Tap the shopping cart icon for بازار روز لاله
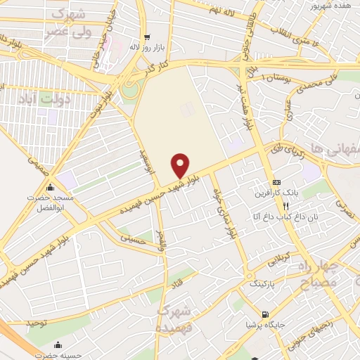point(147,38)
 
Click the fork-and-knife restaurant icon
point(285,206)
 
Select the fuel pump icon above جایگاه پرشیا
point(264,314)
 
